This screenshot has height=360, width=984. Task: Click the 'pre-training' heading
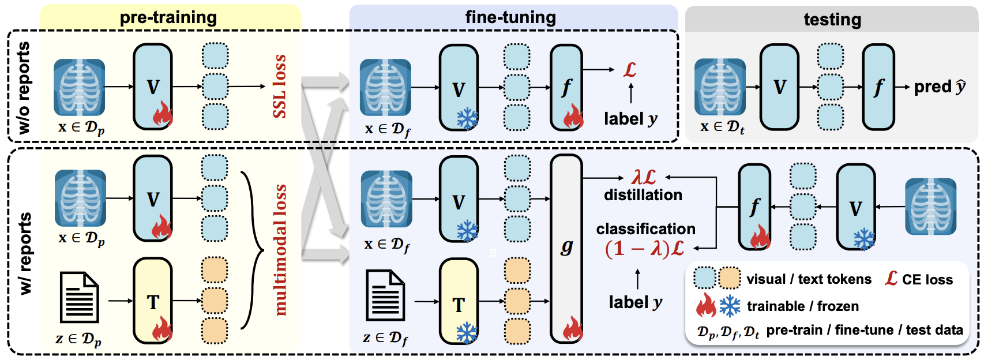tap(168, 17)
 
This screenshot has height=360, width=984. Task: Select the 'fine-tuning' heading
tap(510, 17)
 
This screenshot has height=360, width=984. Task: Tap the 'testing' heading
tap(832, 20)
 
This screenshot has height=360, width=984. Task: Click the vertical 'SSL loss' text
tap(280, 87)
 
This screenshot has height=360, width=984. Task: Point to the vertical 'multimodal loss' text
tap(280, 250)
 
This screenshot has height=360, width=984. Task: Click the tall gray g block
tap(567, 248)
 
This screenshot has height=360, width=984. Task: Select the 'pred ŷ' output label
tap(940, 87)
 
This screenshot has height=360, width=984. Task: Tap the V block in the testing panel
tap(779, 87)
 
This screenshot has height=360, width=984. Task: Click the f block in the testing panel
tap(878, 87)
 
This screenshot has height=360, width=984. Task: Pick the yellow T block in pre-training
tap(153, 301)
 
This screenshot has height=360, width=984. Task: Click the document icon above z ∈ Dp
tap(80, 297)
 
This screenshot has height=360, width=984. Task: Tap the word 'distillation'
tap(643, 195)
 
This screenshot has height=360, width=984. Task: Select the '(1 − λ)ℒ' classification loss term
tap(645, 249)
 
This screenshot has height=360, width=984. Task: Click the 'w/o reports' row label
tap(23, 88)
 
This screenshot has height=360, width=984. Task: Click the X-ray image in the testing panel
tap(720, 87)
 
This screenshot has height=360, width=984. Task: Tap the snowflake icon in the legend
tap(730, 306)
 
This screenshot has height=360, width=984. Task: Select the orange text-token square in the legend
tap(730, 278)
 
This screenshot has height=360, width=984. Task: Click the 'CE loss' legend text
tap(927, 280)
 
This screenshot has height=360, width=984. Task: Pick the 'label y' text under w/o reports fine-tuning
tap(630, 119)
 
